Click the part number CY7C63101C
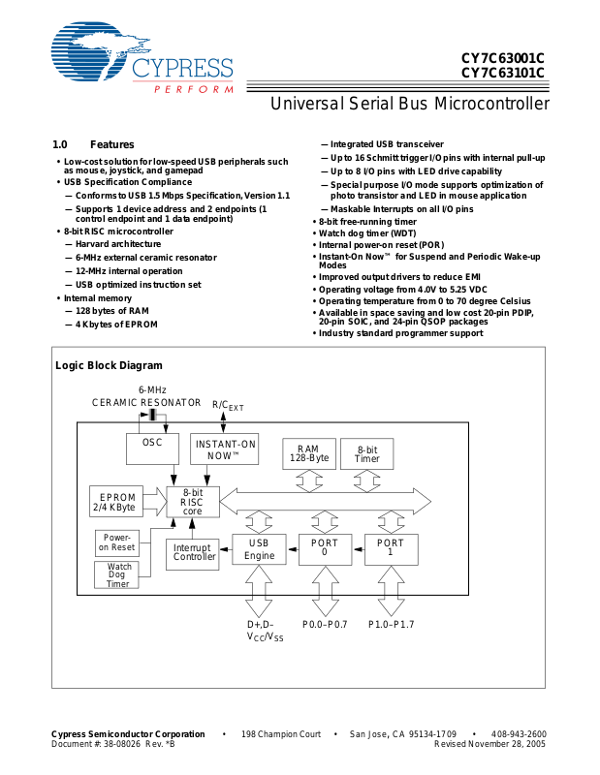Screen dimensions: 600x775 click(502, 74)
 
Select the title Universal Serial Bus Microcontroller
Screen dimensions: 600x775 click(410, 104)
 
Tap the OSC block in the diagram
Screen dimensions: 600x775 click(152, 449)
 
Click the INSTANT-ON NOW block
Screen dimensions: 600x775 click(225, 449)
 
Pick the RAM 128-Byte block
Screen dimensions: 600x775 click(309, 453)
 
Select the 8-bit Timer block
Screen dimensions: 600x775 click(367, 453)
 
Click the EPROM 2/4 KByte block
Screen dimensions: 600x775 click(116, 502)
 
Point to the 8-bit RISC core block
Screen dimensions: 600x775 click(193, 502)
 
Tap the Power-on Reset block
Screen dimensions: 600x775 click(117, 542)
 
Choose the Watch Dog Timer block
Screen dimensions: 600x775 click(116, 574)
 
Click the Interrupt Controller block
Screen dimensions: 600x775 click(193, 554)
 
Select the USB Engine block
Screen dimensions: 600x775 click(259, 549)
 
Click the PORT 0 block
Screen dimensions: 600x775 click(325, 549)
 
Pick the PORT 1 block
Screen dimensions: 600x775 click(392, 549)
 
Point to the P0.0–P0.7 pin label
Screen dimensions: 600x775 click(325, 624)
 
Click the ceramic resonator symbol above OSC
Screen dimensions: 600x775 click(153, 415)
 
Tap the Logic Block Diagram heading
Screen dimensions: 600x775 click(109, 366)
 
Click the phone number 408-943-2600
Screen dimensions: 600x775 click(519, 734)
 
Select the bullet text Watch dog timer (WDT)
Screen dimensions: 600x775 click(367, 233)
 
